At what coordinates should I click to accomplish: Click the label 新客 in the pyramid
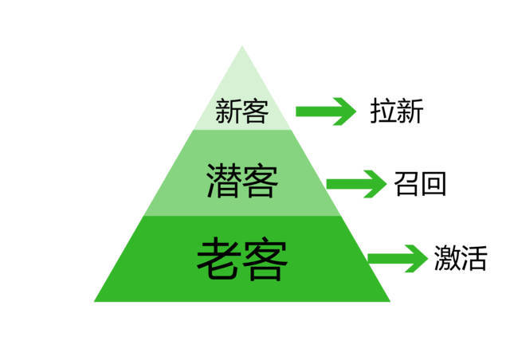[241, 112]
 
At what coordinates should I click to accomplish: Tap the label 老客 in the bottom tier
[241, 257]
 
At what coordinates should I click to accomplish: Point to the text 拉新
[396, 112]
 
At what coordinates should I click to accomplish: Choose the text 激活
[460, 257]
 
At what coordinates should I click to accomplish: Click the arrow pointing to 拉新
[325, 112]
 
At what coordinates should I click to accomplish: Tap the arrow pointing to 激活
[398, 258]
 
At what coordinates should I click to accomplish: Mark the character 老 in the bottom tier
[218, 257]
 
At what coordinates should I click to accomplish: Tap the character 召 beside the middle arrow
[406, 184]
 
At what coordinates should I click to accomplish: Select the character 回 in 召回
[433, 184]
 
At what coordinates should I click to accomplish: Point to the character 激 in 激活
[446, 257]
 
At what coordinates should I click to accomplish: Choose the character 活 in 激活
[473, 257]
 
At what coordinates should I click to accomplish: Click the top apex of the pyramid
[242, 48]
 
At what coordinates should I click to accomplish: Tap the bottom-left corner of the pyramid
[96, 300]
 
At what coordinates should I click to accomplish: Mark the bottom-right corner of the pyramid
[389, 300]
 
